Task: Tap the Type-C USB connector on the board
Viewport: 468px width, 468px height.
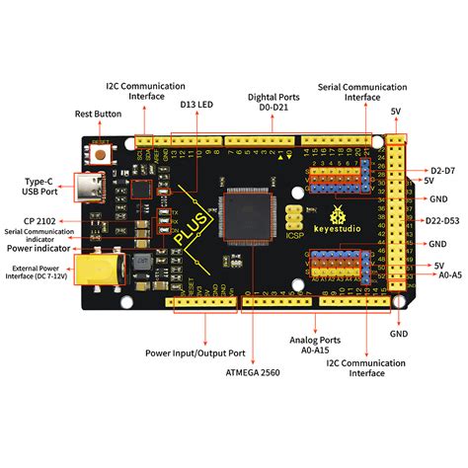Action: (98, 188)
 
